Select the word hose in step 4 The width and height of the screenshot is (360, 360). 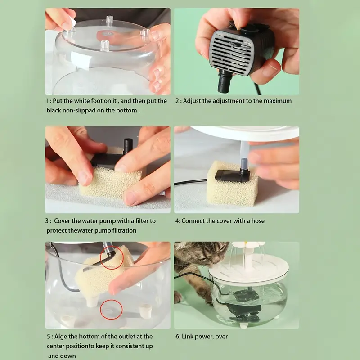tap(258, 221)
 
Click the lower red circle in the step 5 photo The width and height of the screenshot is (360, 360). tap(111, 310)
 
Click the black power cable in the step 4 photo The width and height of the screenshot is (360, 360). tap(190, 182)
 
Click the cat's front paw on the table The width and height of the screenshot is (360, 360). tap(178, 297)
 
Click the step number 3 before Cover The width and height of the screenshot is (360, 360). tap(47, 221)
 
